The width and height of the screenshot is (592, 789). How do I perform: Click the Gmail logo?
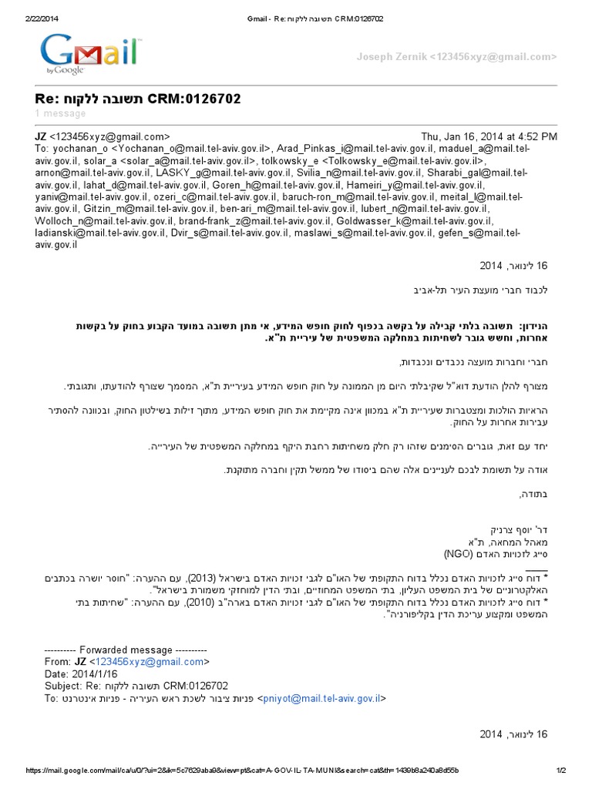pos(91,53)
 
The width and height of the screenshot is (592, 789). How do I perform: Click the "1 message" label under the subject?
pos(60,114)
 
